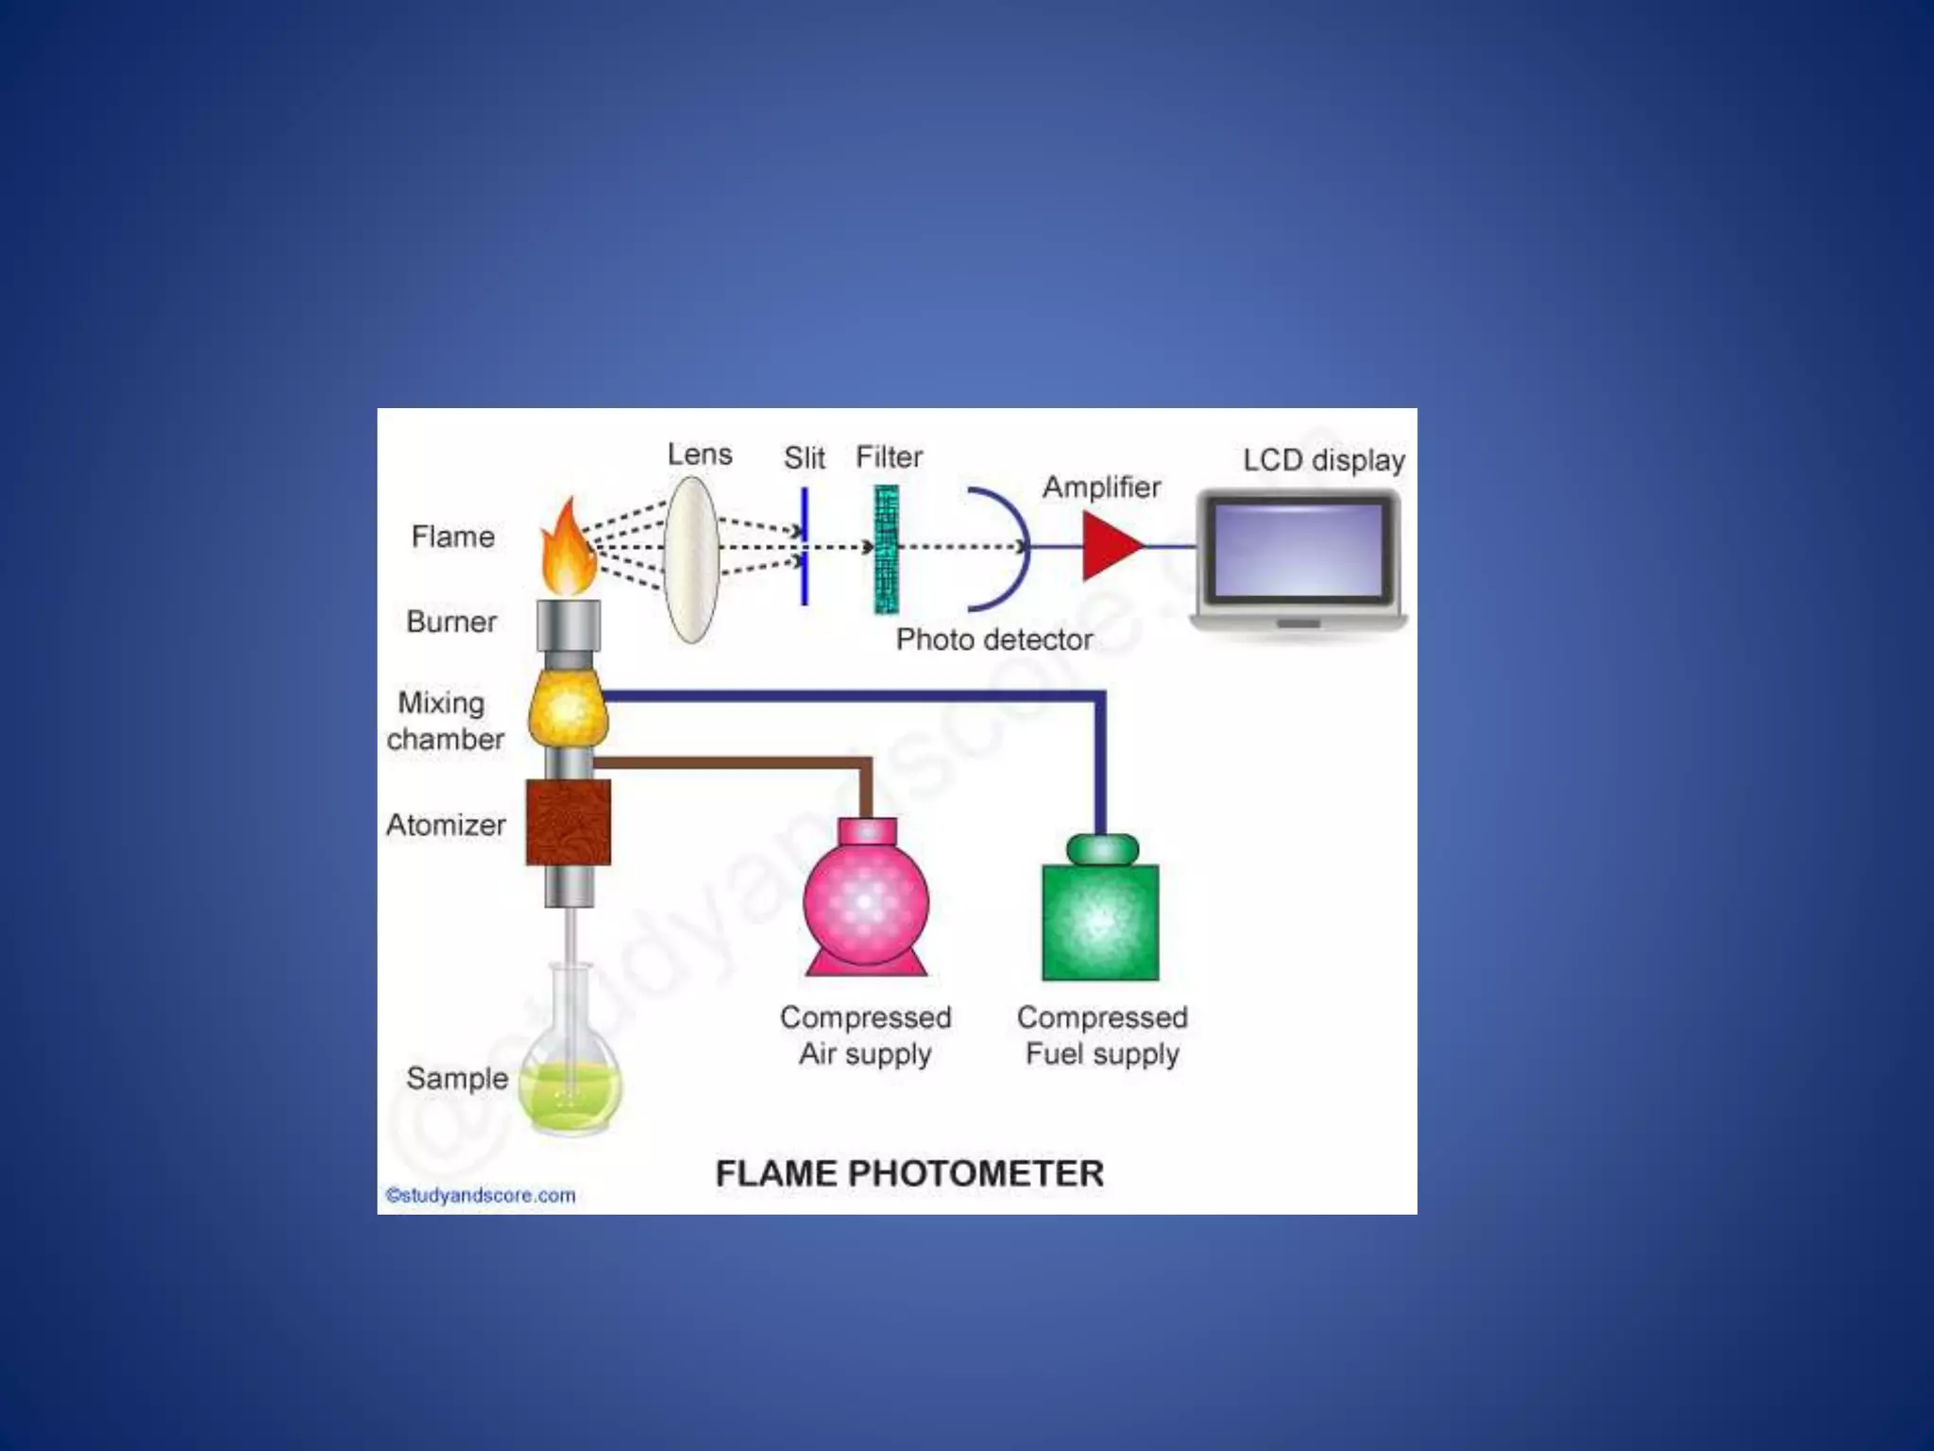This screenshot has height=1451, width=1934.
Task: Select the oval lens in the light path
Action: pyautogui.click(x=691, y=559)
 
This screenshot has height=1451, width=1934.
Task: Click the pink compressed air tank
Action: pyautogui.click(x=865, y=902)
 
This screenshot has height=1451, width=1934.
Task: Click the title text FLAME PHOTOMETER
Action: pyautogui.click(x=909, y=1174)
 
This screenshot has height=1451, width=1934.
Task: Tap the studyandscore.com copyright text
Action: pyautogui.click(x=481, y=1195)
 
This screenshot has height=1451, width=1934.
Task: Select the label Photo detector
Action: pyautogui.click(x=993, y=640)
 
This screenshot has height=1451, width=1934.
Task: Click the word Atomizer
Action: pyautogui.click(x=446, y=825)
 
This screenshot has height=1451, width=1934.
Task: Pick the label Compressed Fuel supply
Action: pyautogui.click(x=1102, y=1035)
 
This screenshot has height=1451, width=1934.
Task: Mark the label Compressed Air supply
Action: pyautogui.click(x=865, y=1035)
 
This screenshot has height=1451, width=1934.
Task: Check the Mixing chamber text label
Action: pyautogui.click(x=444, y=721)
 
